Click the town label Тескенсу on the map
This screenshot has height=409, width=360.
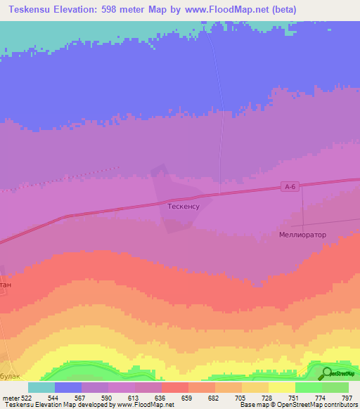(184, 207)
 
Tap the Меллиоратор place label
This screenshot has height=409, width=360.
(303, 235)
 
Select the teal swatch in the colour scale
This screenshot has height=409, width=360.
(41, 387)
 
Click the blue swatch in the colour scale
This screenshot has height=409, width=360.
(68, 387)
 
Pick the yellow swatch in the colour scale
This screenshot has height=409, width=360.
(281, 387)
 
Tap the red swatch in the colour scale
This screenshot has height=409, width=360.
(174, 387)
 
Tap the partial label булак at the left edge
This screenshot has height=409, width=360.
(11, 376)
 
